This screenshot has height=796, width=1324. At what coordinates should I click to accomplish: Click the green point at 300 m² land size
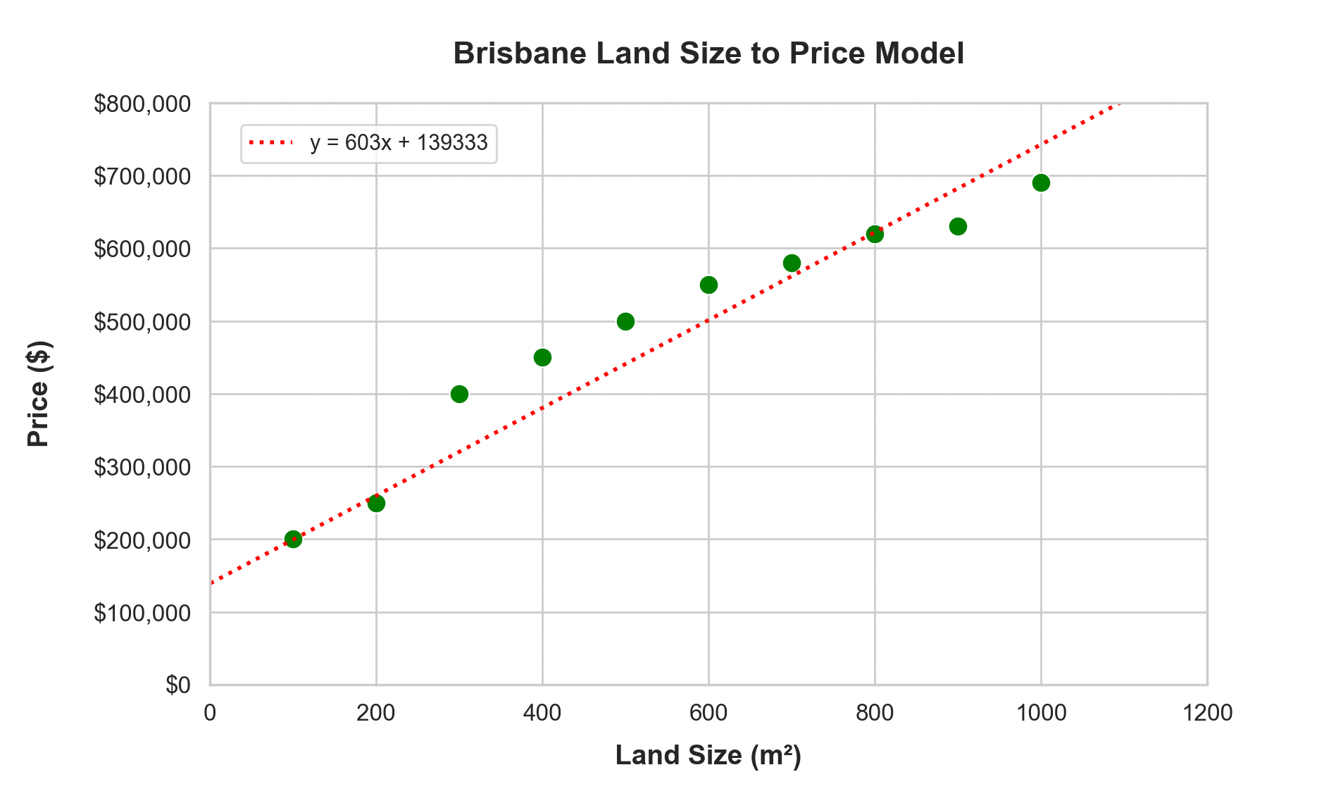[459, 394]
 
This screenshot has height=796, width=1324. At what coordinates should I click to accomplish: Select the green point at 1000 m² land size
[1041, 183]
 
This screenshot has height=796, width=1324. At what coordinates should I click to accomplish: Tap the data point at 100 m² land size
[293, 540]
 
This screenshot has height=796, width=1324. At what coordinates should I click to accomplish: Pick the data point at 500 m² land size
[625, 321]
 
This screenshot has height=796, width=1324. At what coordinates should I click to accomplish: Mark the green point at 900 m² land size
[958, 226]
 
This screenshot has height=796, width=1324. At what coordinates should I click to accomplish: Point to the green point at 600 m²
[708, 285]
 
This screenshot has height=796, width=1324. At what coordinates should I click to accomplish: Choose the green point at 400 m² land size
[542, 357]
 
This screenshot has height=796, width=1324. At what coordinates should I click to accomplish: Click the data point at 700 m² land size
[792, 263]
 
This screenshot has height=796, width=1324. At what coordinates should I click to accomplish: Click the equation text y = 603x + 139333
[399, 143]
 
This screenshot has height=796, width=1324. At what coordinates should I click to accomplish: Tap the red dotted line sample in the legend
[270, 143]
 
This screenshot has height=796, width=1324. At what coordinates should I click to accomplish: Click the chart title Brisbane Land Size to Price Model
[708, 54]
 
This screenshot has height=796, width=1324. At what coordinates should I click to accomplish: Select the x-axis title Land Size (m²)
[708, 755]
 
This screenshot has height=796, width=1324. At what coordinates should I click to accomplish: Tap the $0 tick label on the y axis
[177, 685]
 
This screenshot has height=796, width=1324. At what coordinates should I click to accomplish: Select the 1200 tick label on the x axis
[1207, 713]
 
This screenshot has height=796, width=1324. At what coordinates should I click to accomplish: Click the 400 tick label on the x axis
[542, 713]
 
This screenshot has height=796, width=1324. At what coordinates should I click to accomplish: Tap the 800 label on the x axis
[875, 713]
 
